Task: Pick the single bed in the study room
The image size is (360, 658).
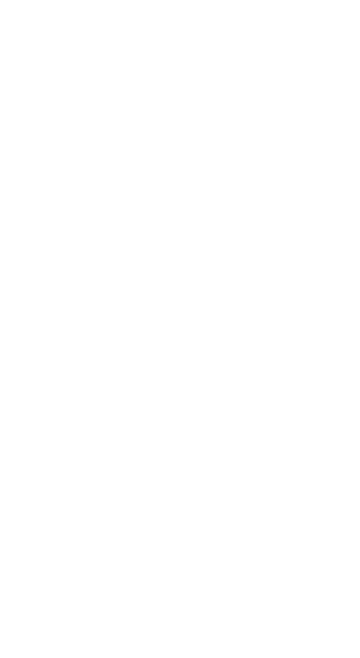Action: pyautogui.click(x=141, y=136)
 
